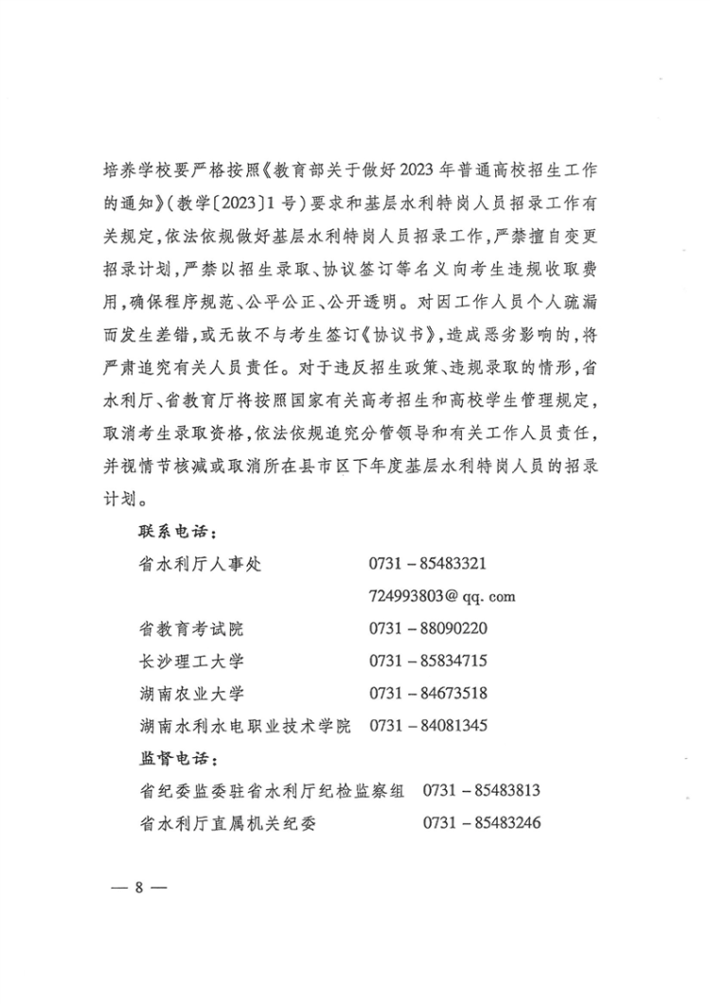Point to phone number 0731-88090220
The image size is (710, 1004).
[428, 628]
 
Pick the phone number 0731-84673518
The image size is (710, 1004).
[428, 694]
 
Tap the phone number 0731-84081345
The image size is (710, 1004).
[428, 726]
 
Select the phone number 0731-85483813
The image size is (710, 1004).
[482, 791]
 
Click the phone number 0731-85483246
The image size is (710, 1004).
[482, 823]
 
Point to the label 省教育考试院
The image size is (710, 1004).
[190, 628]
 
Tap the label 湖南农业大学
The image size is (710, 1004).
[190, 694]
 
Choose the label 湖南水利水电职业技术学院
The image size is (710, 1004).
[244, 726]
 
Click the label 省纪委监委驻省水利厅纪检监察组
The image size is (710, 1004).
[271, 791]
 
